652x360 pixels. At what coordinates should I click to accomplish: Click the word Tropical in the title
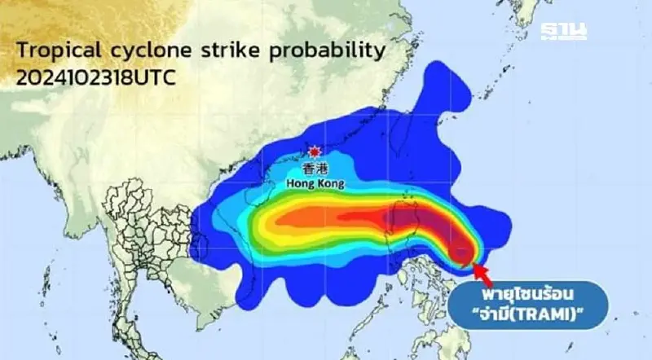click(55, 51)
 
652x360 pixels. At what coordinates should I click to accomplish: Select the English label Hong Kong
click(316, 185)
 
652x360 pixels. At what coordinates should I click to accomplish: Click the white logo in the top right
click(564, 32)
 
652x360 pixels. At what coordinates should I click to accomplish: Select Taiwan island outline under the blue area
click(405, 213)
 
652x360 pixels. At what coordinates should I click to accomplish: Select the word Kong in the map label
click(330, 185)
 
